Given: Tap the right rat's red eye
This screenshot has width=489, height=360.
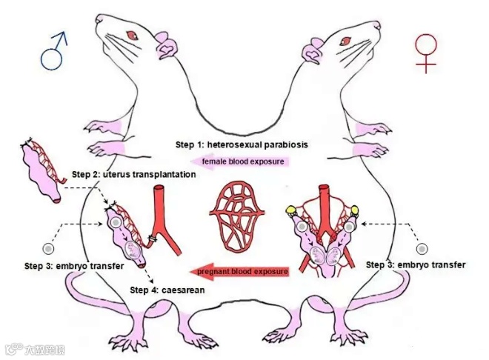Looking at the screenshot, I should point(347,35).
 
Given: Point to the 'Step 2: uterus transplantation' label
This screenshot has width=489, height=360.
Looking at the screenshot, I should point(133,175).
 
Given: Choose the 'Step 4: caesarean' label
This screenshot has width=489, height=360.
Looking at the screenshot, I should point(167,290).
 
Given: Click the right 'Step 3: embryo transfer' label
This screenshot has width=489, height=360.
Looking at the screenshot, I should point(416,264).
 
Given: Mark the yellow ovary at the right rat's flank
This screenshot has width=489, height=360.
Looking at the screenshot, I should point(355,214).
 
